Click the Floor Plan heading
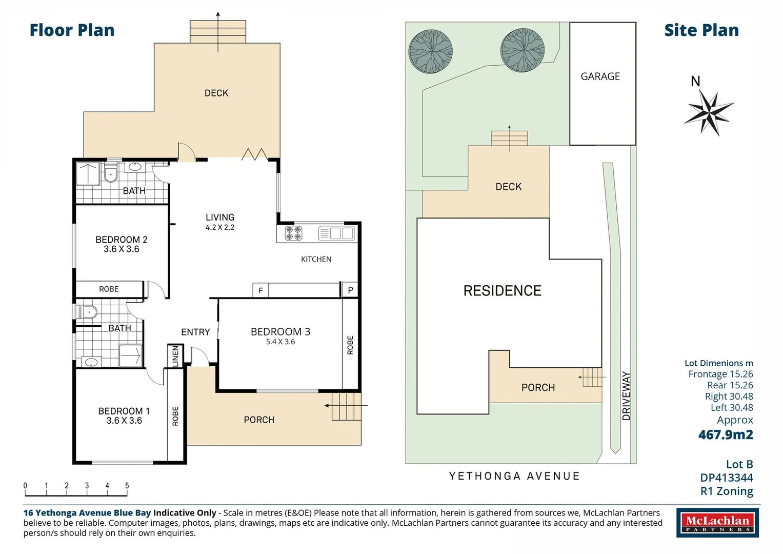tap(72, 30)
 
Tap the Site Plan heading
tap(701, 30)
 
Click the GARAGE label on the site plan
tap(600, 76)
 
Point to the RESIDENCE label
tap(503, 291)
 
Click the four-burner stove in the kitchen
tap(293, 233)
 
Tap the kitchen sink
tap(336, 233)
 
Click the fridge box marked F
tap(260, 290)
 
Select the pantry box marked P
tap(350, 290)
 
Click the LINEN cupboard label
tap(175, 356)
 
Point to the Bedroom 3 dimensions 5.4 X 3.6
tap(280, 342)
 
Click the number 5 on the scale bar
tap(127, 485)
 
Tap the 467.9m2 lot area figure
tap(726, 434)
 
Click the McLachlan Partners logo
tap(718, 523)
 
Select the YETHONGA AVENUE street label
tap(514, 476)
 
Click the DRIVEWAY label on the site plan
tap(626, 396)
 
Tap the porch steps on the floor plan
tap(347, 406)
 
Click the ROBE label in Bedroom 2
tap(109, 289)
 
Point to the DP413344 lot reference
tap(727, 478)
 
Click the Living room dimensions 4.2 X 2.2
tap(220, 227)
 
